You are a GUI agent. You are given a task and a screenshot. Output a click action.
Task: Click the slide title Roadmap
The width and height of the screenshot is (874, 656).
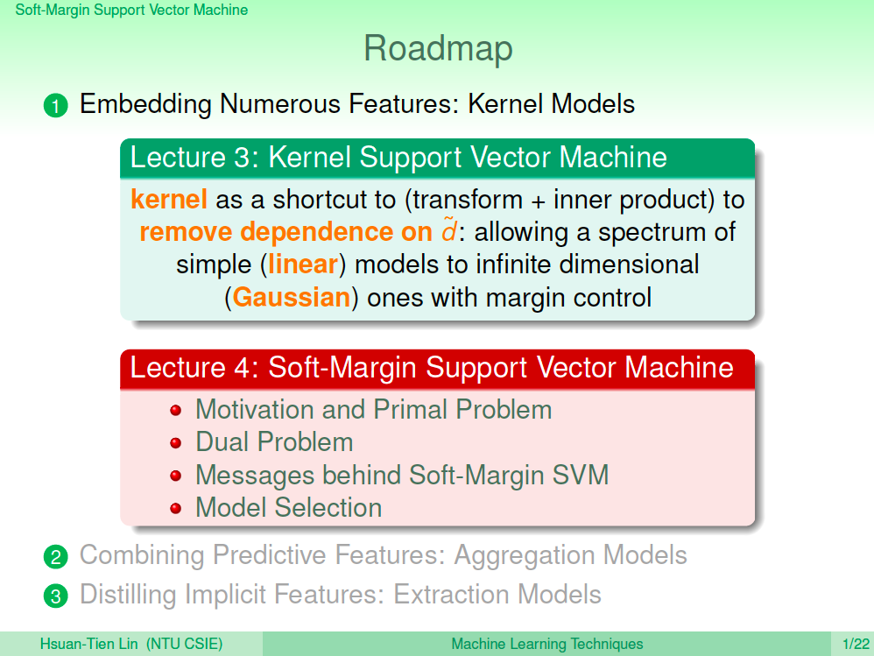tap(438, 49)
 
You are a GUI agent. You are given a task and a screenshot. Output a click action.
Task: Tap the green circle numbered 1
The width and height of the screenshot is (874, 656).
tap(56, 105)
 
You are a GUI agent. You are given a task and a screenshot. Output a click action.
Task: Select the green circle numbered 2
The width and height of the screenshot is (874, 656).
tap(56, 557)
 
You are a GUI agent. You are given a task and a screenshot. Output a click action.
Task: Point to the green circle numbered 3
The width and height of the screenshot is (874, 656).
tap(56, 596)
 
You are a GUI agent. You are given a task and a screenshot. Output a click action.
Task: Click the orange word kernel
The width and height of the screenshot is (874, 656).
tap(169, 199)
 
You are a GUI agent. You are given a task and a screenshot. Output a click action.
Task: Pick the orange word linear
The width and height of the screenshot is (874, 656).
tap(303, 264)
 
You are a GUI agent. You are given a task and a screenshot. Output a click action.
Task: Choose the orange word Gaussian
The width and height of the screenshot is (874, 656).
tap(292, 297)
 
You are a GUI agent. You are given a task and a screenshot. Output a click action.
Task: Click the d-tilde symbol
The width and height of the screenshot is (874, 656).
tap(449, 229)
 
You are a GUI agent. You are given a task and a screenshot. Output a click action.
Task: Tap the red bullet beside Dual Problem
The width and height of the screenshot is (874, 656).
tap(175, 443)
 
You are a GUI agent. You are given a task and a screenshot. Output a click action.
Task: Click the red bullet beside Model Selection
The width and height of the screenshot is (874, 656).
tap(175, 508)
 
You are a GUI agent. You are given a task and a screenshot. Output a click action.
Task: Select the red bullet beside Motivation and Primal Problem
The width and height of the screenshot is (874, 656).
tap(175, 411)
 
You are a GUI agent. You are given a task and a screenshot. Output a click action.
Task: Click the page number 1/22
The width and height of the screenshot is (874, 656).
tap(856, 644)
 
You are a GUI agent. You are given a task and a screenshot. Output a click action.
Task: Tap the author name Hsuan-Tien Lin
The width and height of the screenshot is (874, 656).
tap(88, 644)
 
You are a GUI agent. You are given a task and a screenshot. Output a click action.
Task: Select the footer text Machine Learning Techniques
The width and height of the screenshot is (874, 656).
tap(546, 644)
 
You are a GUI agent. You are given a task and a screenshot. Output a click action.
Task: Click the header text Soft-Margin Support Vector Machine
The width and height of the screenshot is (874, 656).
tap(131, 10)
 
